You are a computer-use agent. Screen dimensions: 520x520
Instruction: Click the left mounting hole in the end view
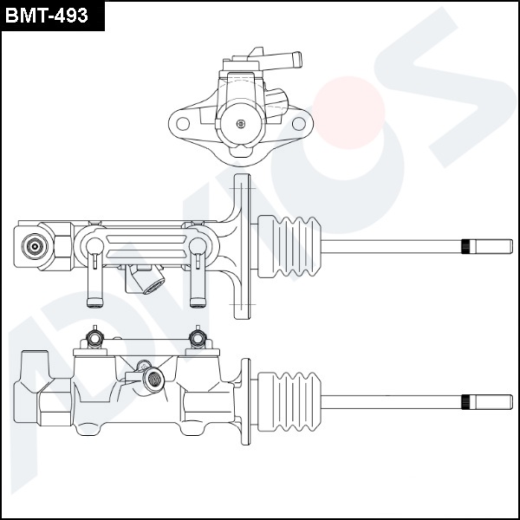click(x=183, y=123)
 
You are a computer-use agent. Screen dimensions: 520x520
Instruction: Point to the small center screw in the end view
click(x=241, y=123)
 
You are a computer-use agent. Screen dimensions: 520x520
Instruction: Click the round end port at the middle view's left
click(x=36, y=246)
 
